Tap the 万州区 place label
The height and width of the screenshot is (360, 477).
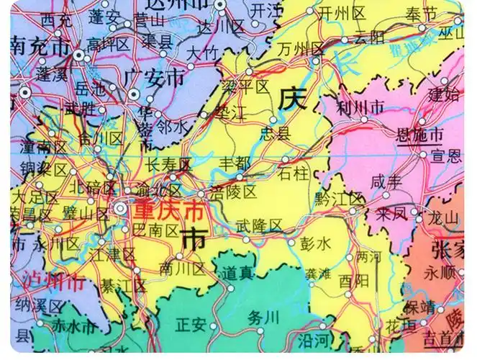(302, 49)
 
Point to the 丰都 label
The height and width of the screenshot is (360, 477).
(241, 163)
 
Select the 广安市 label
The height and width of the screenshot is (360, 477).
(154, 77)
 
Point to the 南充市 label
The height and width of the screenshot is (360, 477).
(40, 48)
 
